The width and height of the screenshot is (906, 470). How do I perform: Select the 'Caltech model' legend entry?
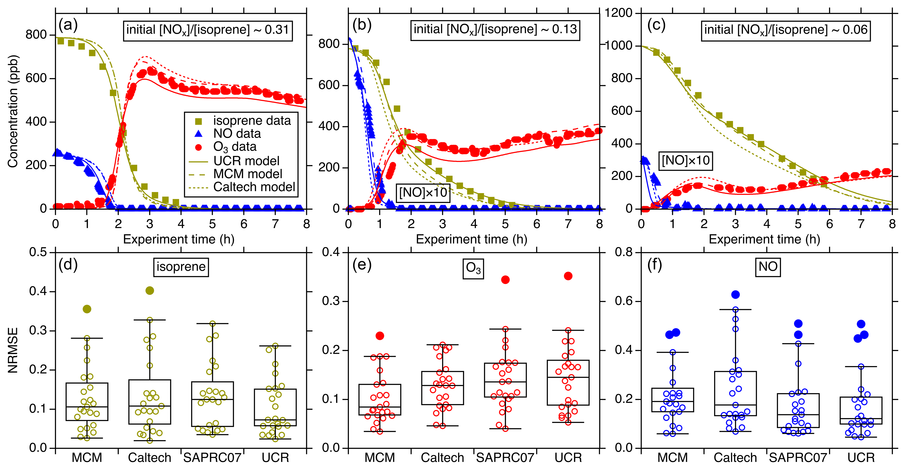pos(254,187)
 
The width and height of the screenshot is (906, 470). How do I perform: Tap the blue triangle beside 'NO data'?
pos(198,134)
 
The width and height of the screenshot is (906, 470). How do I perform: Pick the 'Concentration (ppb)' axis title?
pos(13,111)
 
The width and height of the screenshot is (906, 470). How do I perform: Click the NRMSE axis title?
pos(13,350)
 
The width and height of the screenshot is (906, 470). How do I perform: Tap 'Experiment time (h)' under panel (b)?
pos(471,239)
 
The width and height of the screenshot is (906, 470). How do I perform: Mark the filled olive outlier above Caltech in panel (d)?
pos(149,291)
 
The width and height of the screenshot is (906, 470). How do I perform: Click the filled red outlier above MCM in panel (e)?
pos(380,336)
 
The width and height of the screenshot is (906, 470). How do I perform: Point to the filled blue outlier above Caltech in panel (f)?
pos(735,295)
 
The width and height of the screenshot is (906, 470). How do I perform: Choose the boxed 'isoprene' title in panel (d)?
pos(181,267)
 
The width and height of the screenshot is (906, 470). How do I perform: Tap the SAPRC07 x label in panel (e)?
pos(505,458)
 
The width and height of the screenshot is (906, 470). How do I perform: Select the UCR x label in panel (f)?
pos(861,458)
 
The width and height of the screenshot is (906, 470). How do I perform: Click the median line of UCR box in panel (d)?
pos(275,420)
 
